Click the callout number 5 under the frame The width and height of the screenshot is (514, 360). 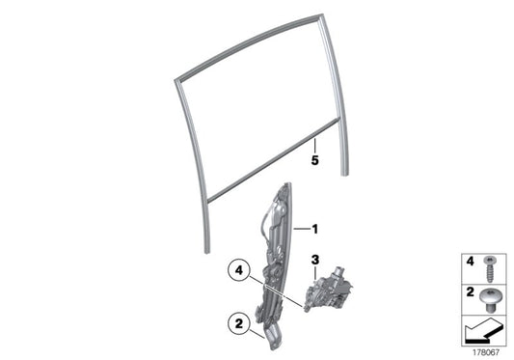[x=314, y=161]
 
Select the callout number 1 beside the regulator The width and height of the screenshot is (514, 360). [x=313, y=229]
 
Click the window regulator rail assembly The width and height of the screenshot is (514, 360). [x=278, y=251]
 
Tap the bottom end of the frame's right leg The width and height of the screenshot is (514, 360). [x=345, y=175]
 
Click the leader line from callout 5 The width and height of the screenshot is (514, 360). [x=314, y=146]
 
